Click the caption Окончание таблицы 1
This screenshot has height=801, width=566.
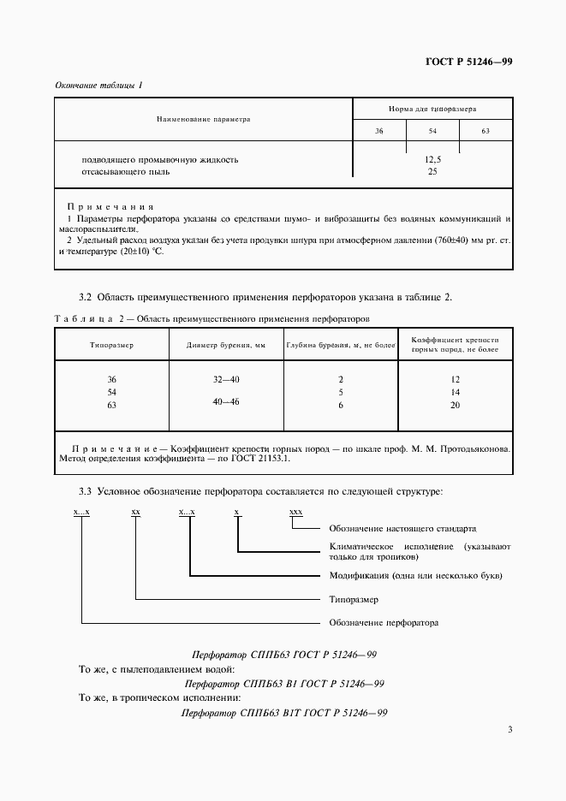[x=98, y=86]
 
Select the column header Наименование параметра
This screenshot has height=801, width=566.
[x=203, y=119]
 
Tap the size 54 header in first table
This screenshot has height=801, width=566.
[x=432, y=130]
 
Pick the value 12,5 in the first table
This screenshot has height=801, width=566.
[x=432, y=159]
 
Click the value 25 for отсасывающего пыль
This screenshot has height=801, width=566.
[x=432, y=171]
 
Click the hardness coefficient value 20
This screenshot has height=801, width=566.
[x=455, y=406]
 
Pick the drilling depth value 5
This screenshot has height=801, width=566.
[x=341, y=392]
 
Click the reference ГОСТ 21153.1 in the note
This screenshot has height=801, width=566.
[x=262, y=458]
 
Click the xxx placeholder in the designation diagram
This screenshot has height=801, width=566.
[x=296, y=512]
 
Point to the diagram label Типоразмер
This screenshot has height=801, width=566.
[x=354, y=599]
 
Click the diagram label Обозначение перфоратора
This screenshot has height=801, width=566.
[x=384, y=622]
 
